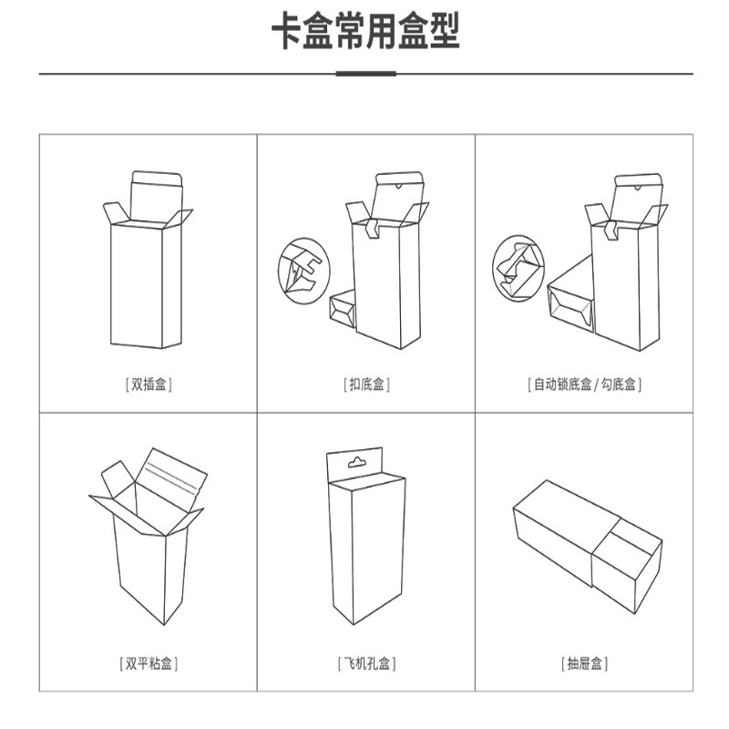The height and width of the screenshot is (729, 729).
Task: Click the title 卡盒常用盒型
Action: [365, 31]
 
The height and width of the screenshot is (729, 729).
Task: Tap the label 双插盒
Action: [149, 385]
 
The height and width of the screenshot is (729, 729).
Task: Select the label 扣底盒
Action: [366, 385]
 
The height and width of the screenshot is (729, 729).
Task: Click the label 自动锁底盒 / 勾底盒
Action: [584, 385]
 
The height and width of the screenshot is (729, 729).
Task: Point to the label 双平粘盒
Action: [149, 663]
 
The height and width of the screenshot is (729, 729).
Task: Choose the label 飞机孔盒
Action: [366, 663]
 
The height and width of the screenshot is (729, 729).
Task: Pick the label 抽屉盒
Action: [584, 663]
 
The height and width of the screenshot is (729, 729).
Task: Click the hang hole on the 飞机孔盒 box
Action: [357, 462]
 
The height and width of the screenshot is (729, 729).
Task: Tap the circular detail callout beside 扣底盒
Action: [304, 271]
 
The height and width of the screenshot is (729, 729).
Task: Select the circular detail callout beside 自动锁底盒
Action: [518, 268]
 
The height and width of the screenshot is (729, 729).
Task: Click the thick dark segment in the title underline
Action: [366, 74]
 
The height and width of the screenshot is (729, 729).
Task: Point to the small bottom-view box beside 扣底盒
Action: [343, 309]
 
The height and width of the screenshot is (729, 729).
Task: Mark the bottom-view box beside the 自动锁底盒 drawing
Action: [571, 294]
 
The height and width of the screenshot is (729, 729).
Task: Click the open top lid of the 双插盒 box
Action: [156, 196]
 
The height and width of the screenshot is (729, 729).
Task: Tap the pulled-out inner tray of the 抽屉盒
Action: [626, 565]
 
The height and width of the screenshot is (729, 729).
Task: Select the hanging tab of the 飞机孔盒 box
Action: [354, 465]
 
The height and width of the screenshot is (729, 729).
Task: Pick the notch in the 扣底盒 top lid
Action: [398, 187]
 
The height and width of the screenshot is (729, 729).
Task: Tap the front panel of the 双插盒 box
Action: [136, 285]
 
